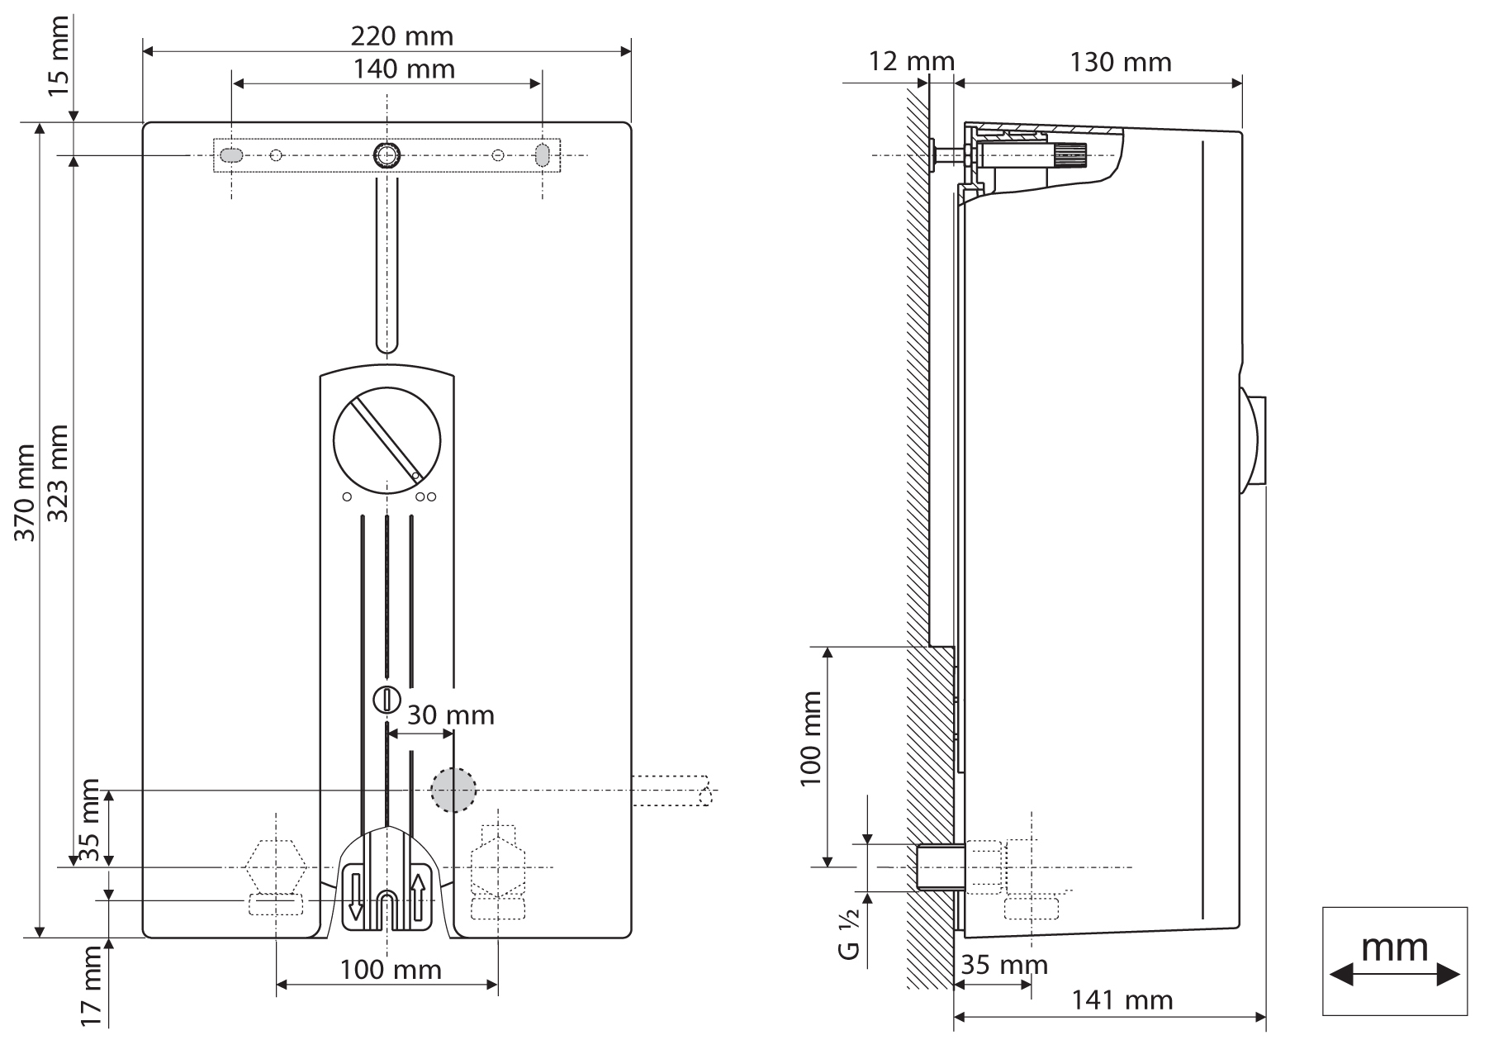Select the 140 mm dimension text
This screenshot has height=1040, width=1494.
[404, 69]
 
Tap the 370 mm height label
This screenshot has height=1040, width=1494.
[26, 492]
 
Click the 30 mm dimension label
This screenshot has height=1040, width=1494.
[450, 715]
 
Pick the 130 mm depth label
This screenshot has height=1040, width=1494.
[1121, 62]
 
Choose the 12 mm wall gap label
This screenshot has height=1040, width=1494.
[911, 61]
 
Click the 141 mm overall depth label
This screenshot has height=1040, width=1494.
[1122, 1000]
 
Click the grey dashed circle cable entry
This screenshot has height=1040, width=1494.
[453, 790]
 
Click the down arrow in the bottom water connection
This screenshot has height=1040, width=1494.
[355, 898]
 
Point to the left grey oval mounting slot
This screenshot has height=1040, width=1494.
[232, 154]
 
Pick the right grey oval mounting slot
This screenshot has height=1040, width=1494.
[543, 154]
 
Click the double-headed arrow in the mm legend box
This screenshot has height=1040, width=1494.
[1394, 975]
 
